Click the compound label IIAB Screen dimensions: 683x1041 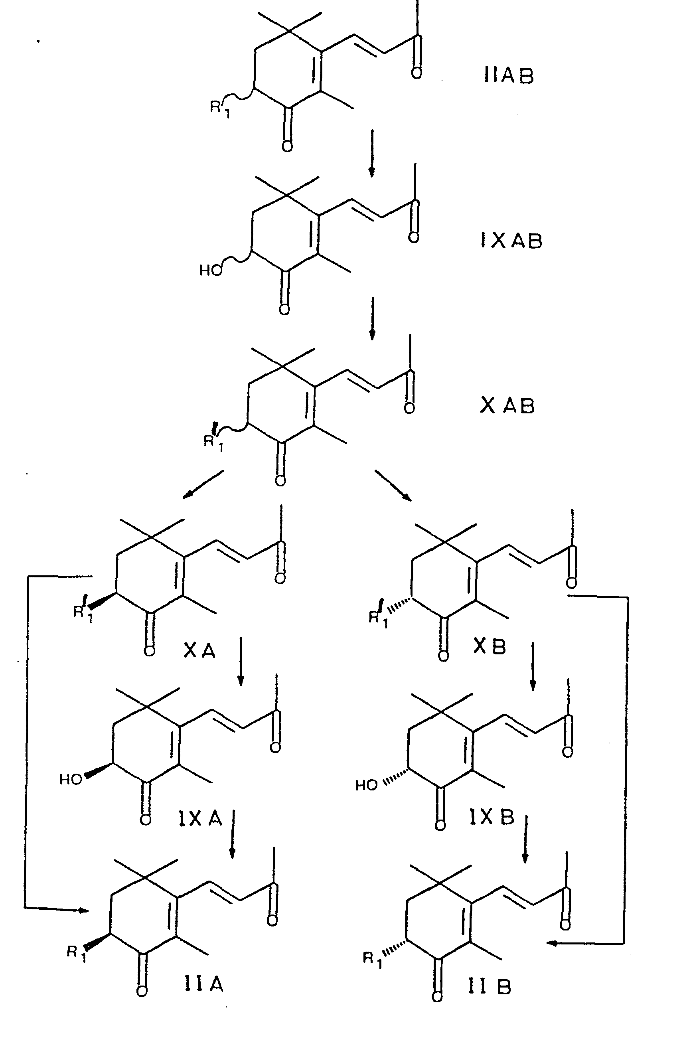(509, 76)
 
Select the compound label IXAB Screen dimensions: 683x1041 (511, 241)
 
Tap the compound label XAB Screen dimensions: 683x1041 (507, 405)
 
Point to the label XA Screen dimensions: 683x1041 (199, 651)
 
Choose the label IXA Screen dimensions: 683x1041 (200, 818)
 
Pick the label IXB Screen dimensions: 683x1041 (492, 817)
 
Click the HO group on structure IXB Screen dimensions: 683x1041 (366, 786)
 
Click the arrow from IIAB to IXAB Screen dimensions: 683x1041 (372, 153)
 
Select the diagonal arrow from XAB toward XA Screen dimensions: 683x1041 (203, 484)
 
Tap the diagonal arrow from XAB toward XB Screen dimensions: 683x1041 (393, 485)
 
